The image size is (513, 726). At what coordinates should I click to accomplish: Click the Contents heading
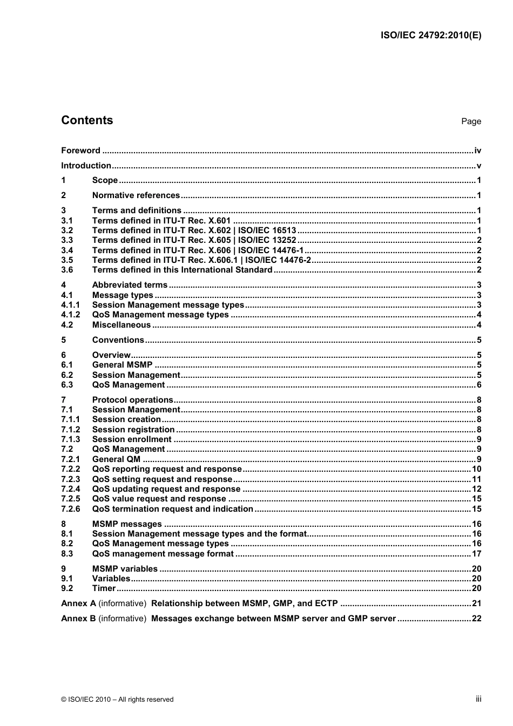tap(87, 120)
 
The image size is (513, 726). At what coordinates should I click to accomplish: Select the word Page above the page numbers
tap(471, 121)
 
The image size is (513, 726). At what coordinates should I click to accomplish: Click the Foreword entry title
tap(80, 151)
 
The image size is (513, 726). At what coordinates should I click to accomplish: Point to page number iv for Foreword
tap(477, 151)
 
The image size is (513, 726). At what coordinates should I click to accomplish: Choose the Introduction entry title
tap(86, 166)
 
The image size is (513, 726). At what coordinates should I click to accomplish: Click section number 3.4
tap(67, 250)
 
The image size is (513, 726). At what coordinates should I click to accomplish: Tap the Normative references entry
tap(136, 195)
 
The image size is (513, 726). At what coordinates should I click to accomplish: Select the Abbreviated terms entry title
tap(130, 285)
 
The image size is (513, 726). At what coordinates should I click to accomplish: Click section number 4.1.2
tap(70, 315)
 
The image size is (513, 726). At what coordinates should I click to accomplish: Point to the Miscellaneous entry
tap(122, 325)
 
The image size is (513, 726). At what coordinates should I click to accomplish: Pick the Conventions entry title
tap(118, 340)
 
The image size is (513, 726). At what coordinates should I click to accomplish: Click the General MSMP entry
tap(122, 365)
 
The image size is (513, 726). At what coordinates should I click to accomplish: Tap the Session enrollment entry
tap(132, 439)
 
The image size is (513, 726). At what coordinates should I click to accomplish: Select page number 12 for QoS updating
tap(476, 489)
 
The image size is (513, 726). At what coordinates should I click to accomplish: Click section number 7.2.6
tap(70, 509)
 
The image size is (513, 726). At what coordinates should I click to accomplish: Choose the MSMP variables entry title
tap(125, 569)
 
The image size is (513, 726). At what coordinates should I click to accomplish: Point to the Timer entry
tap(104, 588)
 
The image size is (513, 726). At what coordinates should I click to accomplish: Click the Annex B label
tap(78, 619)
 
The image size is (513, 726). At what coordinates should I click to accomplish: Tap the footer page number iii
tap(478, 699)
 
